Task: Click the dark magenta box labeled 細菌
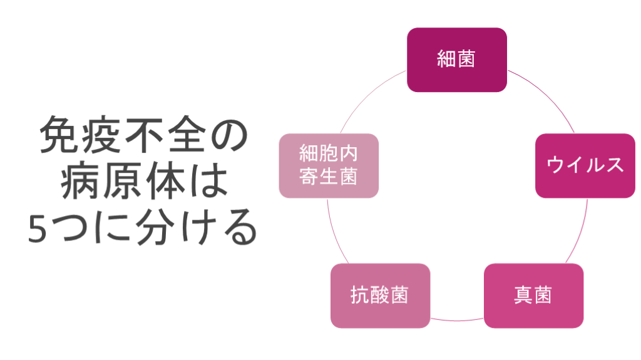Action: [456, 59]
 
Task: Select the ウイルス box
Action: [585, 165]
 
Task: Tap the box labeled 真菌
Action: [533, 295]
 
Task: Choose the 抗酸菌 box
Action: [380, 295]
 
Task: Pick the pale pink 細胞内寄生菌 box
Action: [328, 165]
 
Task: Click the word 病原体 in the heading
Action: [123, 183]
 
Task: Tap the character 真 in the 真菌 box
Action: [523, 295]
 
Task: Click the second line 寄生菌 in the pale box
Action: [328, 177]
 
